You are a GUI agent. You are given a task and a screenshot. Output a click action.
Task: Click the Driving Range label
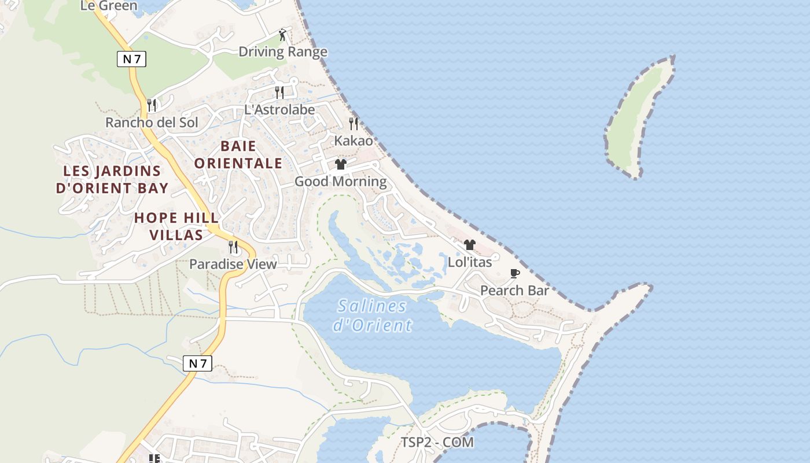pos(283,52)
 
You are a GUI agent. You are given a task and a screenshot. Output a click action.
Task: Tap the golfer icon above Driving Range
pos(282,35)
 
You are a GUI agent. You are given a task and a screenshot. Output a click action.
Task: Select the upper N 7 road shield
pos(131,58)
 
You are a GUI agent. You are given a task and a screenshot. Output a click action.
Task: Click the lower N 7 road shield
pos(197,363)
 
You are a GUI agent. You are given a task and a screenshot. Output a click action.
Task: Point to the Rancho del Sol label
pos(152,123)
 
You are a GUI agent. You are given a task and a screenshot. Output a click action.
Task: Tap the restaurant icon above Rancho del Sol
pos(152,105)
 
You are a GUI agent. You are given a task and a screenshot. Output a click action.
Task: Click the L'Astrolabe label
pos(279,109)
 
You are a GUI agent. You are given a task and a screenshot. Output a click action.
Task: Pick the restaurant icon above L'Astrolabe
pos(279,92)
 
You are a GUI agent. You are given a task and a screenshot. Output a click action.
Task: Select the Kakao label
pos(354,141)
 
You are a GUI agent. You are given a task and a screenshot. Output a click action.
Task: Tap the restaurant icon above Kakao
pos(354,123)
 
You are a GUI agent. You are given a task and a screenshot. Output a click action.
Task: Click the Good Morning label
pos(341,182)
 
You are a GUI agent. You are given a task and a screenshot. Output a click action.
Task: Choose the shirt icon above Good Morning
pos(341,164)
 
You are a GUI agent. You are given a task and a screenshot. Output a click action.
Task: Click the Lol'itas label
pos(470,262)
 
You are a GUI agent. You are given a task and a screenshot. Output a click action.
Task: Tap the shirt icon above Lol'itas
pos(470,245)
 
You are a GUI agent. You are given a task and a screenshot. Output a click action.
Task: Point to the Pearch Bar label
pos(514,291)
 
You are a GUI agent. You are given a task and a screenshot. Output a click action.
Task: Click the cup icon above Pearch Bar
pos(514,273)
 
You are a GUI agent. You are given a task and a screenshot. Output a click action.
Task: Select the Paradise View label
pos(233,264)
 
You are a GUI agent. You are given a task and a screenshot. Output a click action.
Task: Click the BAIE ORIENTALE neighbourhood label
pos(238,155)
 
